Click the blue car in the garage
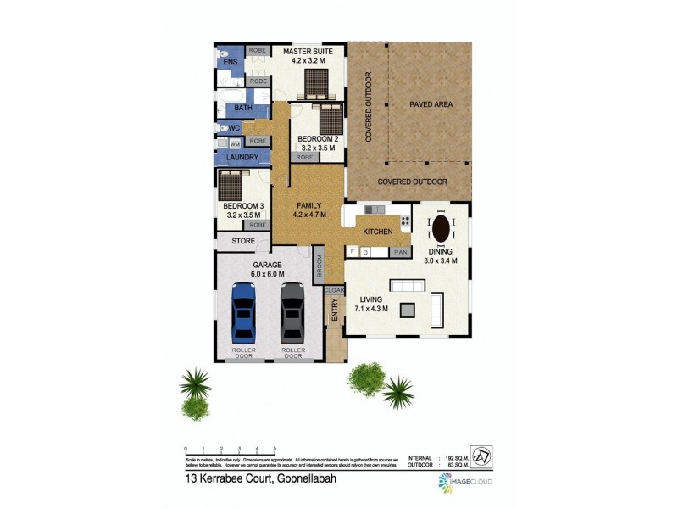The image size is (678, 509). click(243, 311)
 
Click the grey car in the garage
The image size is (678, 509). click(292, 311)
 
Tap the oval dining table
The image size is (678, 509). click(442, 229)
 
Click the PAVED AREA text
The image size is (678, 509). click(431, 104)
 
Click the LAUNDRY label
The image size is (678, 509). click(242, 158)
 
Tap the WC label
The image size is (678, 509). click(236, 128)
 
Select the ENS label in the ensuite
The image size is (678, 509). click(230, 63)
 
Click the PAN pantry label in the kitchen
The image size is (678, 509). click(400, 252)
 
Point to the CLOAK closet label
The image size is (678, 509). click(334, 290)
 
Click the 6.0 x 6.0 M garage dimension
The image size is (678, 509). click(268, 274)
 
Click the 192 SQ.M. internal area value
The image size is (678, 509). click(454, 457)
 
